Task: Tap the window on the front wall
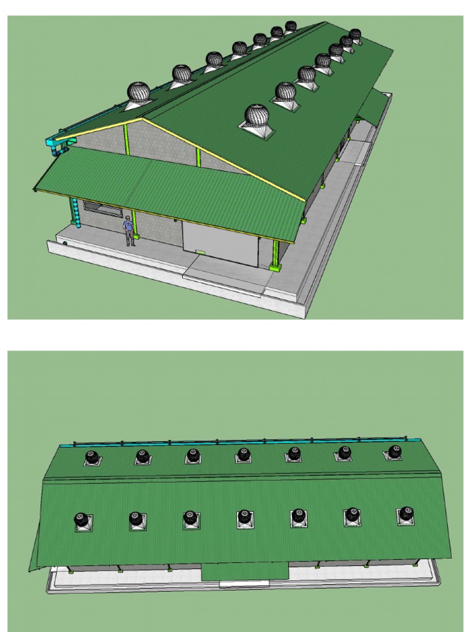pyautogui.click(x=102, y=208)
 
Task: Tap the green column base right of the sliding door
pyautogui.click(x=275, y=266)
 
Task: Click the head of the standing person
pyautogui.click(x=128, y=218)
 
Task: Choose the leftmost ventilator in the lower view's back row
pyautogui.click(x=92, y=457)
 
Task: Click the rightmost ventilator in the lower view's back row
pyautogui.click(x=394, y=452)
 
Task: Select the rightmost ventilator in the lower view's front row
pyautogui.click(x=405, y=514)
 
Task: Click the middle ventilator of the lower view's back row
pyautogui.click(x=244, y=455)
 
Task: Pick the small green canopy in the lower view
pyautogui.click(x=245, y=570)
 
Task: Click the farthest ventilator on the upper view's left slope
pyautogui.click(x=291, y=27)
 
